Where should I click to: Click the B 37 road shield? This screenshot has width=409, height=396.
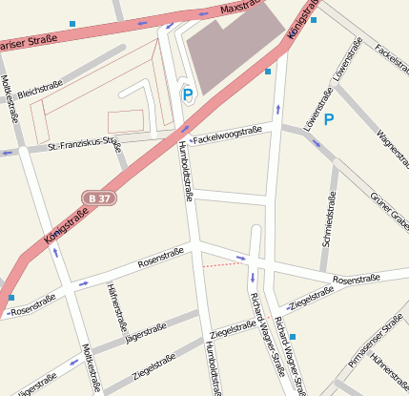coord(98,198)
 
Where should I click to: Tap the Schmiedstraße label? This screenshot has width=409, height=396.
coord(329,219)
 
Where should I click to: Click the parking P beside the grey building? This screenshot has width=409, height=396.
coord(187,94)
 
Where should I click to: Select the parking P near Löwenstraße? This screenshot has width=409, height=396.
coord(329,119)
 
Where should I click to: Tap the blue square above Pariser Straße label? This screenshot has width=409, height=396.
coord(72,23)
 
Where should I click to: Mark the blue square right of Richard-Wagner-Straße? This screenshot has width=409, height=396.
coord(293,336)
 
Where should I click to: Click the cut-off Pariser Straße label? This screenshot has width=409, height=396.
coord(29,44)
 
